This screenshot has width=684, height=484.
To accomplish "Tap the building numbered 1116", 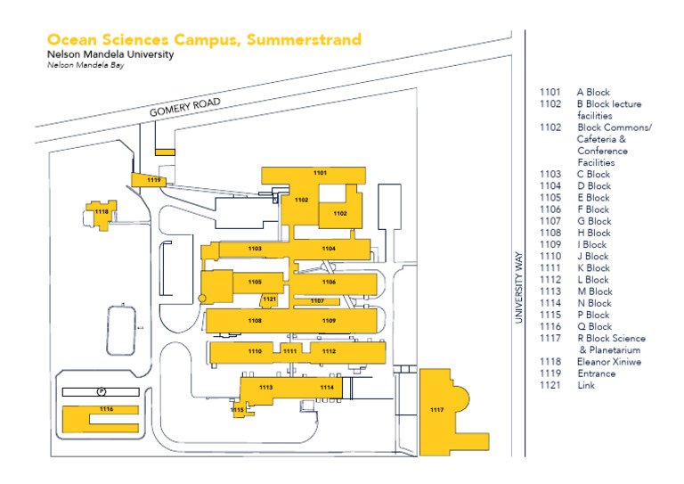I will [x=106, y=409].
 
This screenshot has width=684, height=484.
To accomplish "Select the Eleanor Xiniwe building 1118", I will [x=102, y=212].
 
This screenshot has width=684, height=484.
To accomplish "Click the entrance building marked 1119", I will [x=154, y=180].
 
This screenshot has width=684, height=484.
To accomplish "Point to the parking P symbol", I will [x=101, y=390].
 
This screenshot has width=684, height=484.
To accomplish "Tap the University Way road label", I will [x=518, y=286].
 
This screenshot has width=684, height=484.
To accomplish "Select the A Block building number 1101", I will [x=320, y=172].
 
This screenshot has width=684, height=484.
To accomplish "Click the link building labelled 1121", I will [x=269, y=299].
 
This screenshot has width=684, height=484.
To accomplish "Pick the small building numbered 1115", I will [x=237, y=409].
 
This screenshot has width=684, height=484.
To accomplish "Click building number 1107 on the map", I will [x=318, y=301].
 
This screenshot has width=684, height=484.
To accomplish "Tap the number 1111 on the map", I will [x=289, y=351].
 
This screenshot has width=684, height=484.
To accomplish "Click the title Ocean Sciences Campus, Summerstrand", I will [x=204, y=40].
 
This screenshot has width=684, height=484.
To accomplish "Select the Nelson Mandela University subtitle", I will [x=110, y=54].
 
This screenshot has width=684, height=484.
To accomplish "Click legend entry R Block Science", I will [x=611, y=339].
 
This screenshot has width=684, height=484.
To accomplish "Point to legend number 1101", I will [x=550, y=93].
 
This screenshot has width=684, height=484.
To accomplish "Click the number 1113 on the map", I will [x=265, y=388].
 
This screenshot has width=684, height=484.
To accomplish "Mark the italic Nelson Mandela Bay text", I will [x=85, y=66].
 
